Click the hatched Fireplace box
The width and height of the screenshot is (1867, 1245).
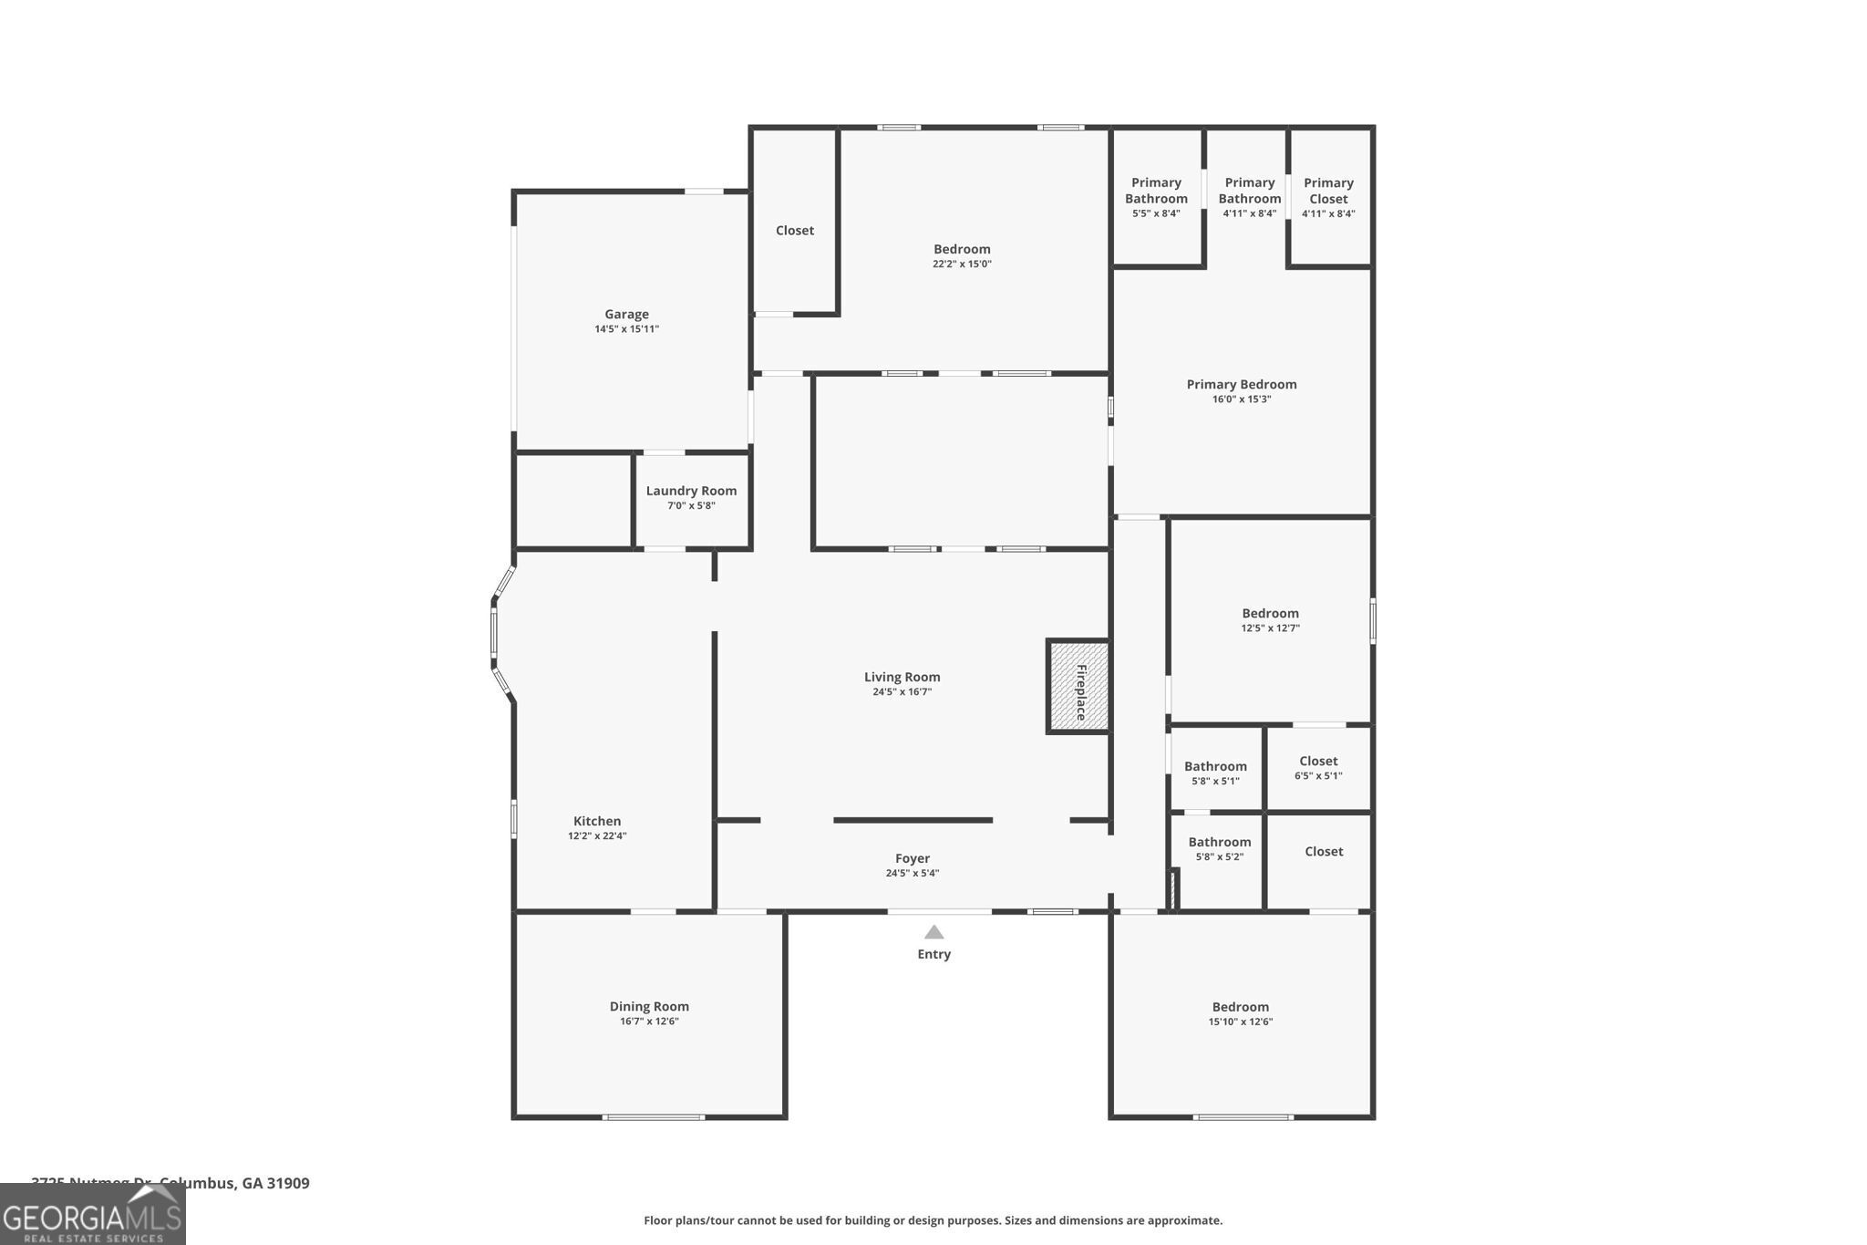click(x=1078, y=687)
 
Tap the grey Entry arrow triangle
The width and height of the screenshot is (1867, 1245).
click(x=933, y=932)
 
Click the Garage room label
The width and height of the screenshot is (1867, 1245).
click(x=626, y=315)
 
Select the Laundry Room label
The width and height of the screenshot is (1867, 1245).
click(x=691, y=491)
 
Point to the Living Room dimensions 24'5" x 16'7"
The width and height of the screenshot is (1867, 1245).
click(x=902, y=692)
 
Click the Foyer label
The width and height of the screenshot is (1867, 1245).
click(x=912, y=858)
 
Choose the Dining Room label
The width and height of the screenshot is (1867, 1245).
click(x=649, y=1007)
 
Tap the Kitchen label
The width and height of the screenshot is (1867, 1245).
click(x=597, y=821)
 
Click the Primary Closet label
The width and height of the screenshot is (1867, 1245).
click(x=1328, y=191)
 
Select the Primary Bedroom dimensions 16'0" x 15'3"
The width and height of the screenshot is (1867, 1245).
click(x=1241, y=399)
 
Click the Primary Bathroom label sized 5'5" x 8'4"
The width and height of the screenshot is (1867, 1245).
click(x=1156, y=191)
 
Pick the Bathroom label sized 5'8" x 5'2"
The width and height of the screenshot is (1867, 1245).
click(x=1219, y=842)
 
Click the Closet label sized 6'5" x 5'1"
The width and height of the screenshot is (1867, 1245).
click(x=1318, y=761)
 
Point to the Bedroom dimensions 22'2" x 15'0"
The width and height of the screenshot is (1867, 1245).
click(x=962, y=265)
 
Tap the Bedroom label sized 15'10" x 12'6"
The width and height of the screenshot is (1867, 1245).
click(x=1240, y=1007)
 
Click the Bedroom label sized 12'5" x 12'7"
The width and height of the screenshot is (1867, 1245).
click(x=1270, y=613)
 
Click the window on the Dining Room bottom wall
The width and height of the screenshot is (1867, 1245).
click(x=653, y=1117)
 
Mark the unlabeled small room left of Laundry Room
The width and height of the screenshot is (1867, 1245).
click(x=573, y=501)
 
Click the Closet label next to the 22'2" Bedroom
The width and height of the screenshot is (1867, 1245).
click(x=794, y=231)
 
